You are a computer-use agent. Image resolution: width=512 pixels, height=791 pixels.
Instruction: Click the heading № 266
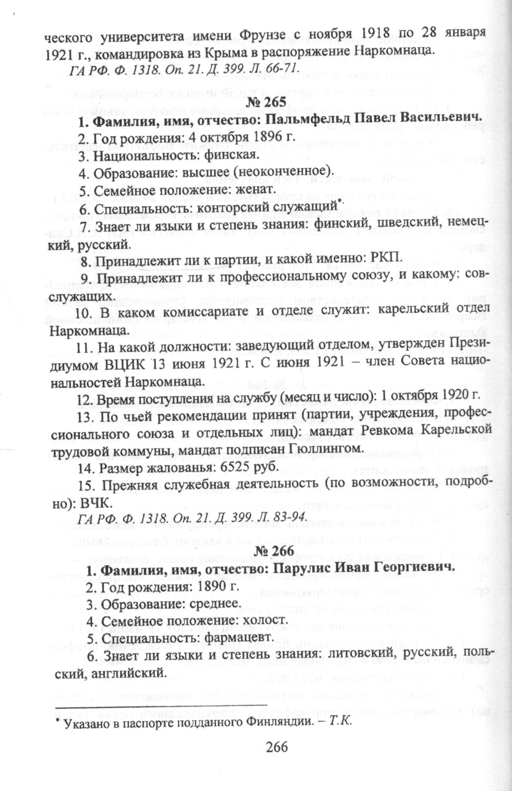pyautogui.click(x=274, y=551)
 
